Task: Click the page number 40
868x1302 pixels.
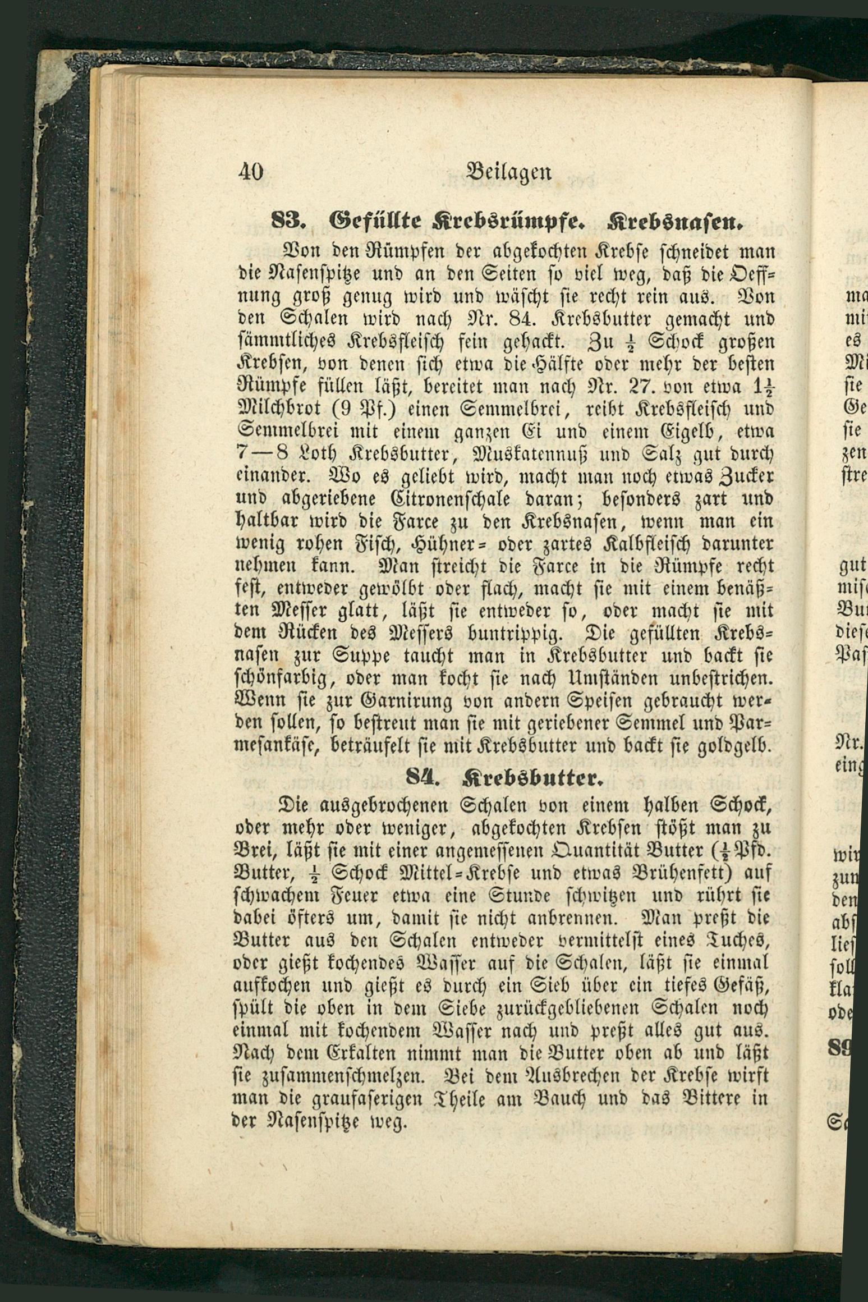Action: click(250, 171)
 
